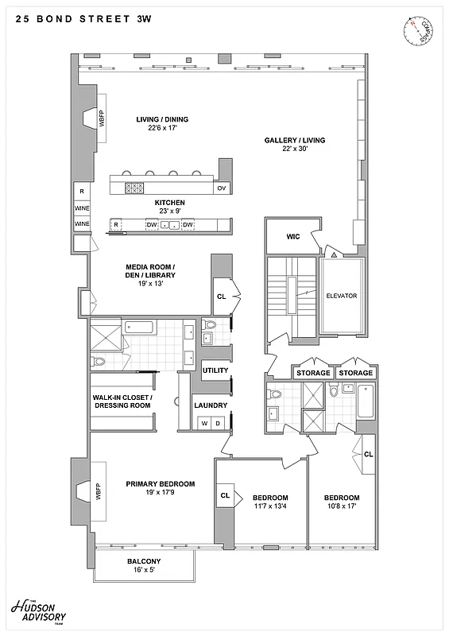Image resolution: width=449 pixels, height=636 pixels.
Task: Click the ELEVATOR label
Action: pyautogui.click(x=342, y=296)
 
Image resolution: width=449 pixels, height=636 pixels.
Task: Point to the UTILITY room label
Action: pyautogui.click(x=215, y=370)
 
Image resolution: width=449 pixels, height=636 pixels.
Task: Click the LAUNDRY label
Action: pyautogui.click(x=211, y=405)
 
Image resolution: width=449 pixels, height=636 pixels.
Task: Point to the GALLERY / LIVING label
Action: pyautogui.click(x=295, y=144)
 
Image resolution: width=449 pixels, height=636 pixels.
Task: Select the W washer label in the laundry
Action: pyautogui.click(x=204, y=423)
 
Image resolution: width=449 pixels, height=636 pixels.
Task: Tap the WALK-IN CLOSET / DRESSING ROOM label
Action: pyautogui.click(x=122, y=401)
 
